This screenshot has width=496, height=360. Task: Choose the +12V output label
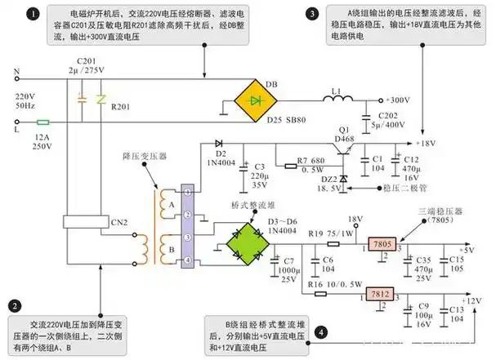pyautogui.click(x=471, y=301)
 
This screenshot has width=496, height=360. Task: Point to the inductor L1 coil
pyautogui.click(x=336, y=101)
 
